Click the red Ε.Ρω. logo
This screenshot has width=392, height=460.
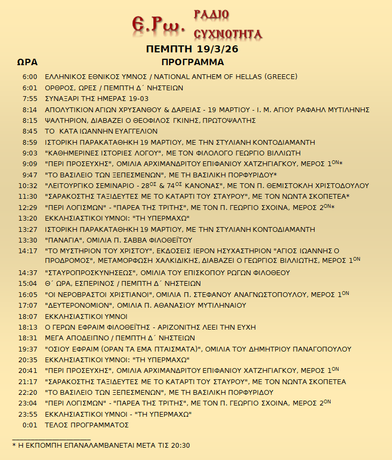pos(158,23)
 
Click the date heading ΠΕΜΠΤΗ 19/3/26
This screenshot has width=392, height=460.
pos(192,49)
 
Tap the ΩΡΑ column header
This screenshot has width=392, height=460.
pos(27,63)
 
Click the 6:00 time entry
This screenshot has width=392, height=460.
pos(30,77)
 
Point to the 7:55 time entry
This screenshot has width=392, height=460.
pos(30,99)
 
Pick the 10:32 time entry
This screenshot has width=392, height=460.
pos(28,186)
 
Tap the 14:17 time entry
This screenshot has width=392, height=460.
pos(28,250)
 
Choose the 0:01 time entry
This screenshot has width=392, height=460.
pos(30,425)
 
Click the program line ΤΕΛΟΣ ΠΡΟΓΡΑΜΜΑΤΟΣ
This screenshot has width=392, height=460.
pos(87,425)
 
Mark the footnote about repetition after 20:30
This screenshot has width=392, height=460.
pos(101,446)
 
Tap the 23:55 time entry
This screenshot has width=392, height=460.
pos(28,415)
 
